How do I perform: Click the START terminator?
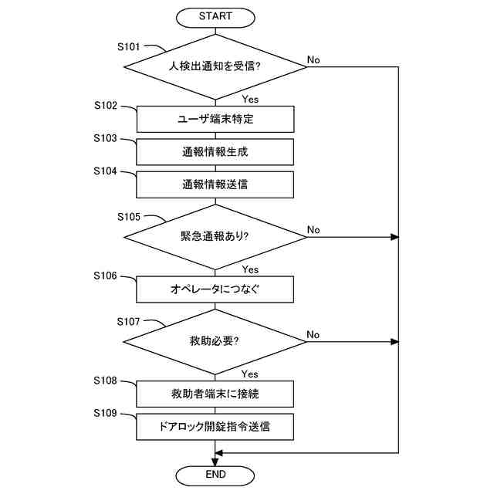click(x=215, y=17)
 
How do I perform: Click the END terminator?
click(x=215, y=475)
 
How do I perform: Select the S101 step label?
click(x=129, y=47)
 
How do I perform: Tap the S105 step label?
click(x=129, y=217)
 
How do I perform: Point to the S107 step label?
click(x=128, y=322)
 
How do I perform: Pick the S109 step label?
click(x=105, y=413)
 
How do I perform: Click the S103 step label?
click(x=105, y=138)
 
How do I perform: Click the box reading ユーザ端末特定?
click(x=215, y=119)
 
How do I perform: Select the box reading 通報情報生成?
click(x=215, y=152)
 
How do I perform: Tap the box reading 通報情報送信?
click(x=215, y=184)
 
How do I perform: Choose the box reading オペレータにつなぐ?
click(x=215, y=289)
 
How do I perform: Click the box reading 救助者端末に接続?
click(x=215, y=394)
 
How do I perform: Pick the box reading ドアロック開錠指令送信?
click(x=215, y=427)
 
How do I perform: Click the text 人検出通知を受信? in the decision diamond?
click(x=215, y=66)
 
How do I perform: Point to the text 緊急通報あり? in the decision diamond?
click(x=215, y=236)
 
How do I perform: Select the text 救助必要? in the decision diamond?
click(x=215, y=341)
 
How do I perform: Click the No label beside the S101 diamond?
click(x=313, y=59)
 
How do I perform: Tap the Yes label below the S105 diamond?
click(x=250, y=269)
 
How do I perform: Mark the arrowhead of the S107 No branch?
click(x=394, y=342)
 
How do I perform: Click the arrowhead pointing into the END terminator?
click(x=215, y=462)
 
